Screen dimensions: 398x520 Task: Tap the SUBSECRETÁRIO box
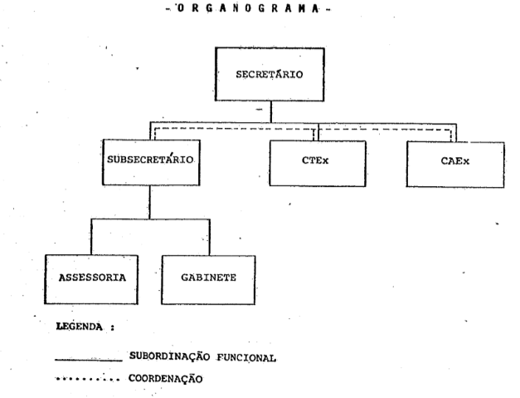pyautogui.click(x=150, y=163)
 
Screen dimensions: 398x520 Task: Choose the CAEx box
pyautogui.click(x=454, y=164)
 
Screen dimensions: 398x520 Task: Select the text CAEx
pyautogui.click(x=455, y=164)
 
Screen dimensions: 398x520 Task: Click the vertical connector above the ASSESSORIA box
pyautogui.click(x=91, y=238)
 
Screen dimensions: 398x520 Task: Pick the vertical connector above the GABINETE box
pyautogui.click(x=209, y=238)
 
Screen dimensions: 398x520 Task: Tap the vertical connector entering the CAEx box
pyautogui.click(x=455, y=133)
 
